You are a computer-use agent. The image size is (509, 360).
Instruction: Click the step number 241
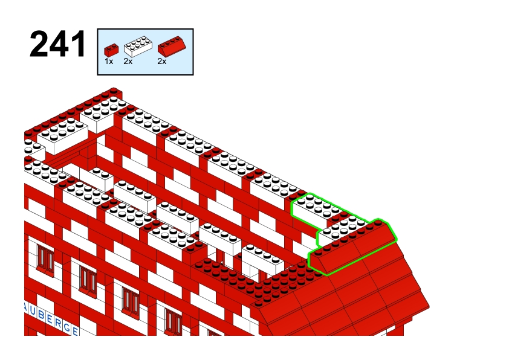pyautogui.click(x=58, y=44)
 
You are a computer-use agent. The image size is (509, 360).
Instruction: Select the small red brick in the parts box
pyautogui.click(x=111, y=50)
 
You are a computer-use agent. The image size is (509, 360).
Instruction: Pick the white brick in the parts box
pyautogui.click(x=138, y=47)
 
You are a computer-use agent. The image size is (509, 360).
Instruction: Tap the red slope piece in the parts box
pyautogui.click(x=172, y=46)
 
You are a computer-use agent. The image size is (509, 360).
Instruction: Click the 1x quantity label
pyautogui.click(x=109, y=61)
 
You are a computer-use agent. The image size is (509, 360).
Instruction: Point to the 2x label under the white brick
pyautogui.click(x=128, y=61)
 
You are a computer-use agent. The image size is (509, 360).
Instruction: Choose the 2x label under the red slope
pyautogui.click(x=161, y=61)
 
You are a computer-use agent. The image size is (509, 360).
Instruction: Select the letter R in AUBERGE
pyautogui.click(x=58, y=323)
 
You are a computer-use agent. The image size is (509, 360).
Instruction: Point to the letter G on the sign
pyautogui.click(x=66, y=327)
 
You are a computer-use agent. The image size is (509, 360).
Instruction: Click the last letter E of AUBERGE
pyautogui.click(x=75, y=331)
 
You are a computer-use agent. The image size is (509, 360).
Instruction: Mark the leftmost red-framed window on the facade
pyautogui.click(x=46, y=260)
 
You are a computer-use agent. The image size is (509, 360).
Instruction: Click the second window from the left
pyautogui.click(x=88, y=281)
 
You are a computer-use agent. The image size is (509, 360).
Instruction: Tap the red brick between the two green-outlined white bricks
pyautogui.click(x=339, y=217)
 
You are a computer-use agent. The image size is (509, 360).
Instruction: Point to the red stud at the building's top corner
pyautogui.click(x=114, y=90)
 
